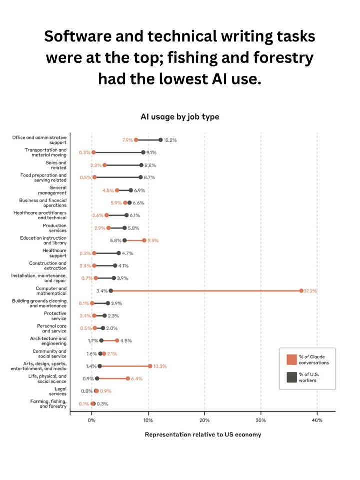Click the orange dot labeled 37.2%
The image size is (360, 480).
coord(301,290)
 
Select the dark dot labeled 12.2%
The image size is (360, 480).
coord(161,140)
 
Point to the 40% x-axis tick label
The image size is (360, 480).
coord(317,420)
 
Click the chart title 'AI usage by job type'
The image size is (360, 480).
coord(180,117)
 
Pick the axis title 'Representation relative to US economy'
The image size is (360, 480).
coord(203,434)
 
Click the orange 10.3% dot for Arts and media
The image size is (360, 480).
coord(150,366)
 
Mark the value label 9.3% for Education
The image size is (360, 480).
coord(153,240)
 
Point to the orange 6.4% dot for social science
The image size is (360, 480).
coord(128,378)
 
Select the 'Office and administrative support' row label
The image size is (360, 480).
coord(40,140)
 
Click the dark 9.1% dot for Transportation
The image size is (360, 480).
coord(143,152)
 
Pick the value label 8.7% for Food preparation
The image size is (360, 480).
coord(150,177)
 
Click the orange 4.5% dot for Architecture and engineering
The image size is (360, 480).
coord(117,340)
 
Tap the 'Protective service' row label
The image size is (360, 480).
coord(55,316)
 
